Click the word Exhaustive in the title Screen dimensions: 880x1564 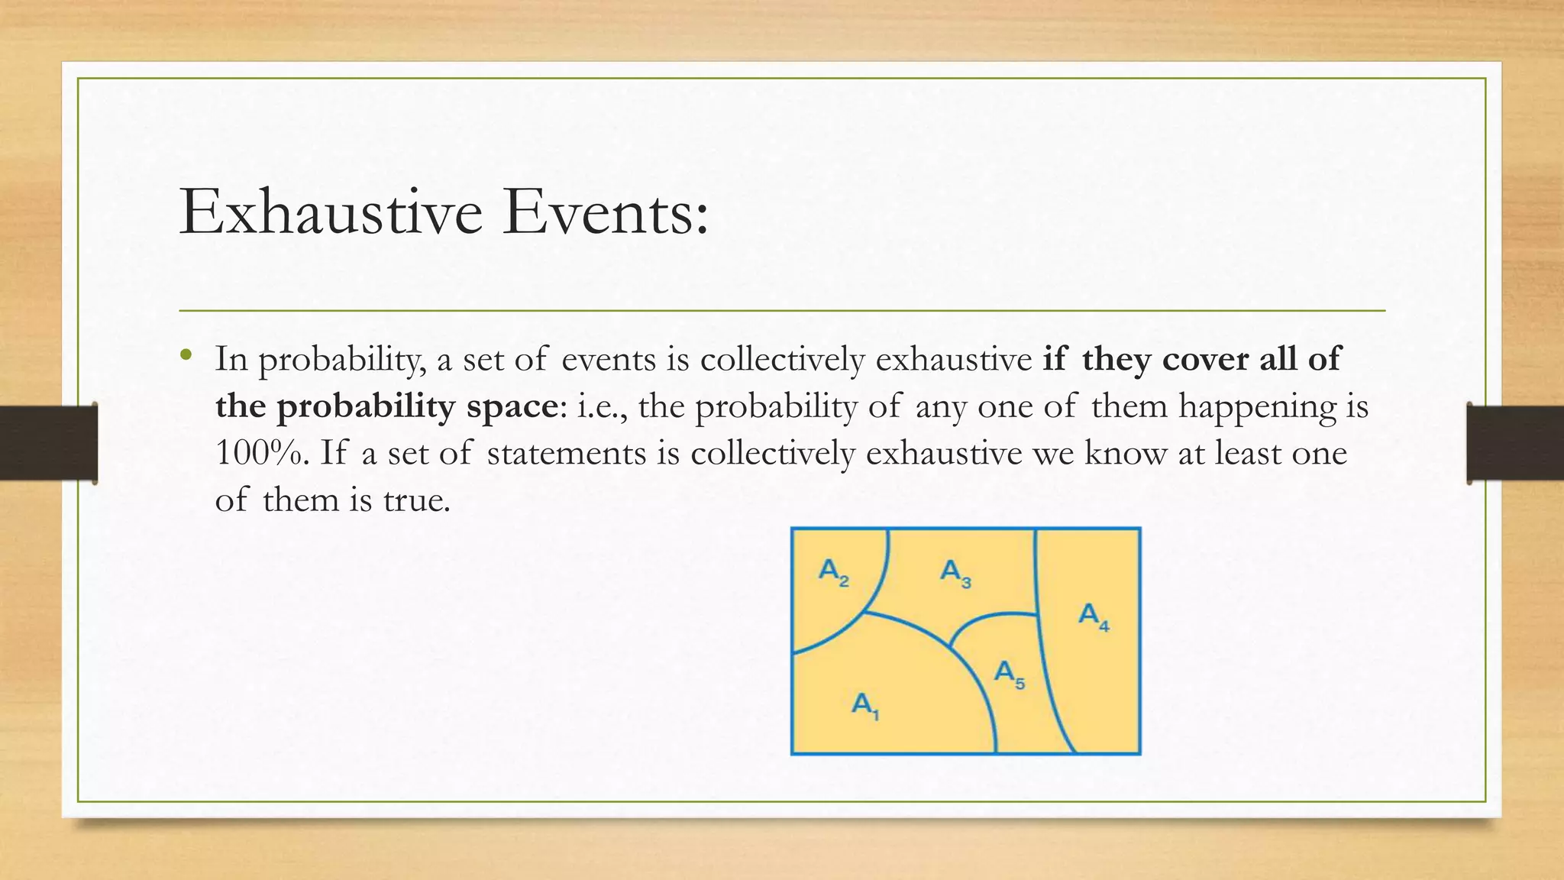tap(331, 212)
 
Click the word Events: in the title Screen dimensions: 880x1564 tap(606, 212)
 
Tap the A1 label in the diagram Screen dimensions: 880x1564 tap(865, 705)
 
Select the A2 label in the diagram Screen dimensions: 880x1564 tap(833, 571)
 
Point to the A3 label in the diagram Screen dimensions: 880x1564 tap(955, 573)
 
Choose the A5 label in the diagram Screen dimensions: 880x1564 tap(1009, 675)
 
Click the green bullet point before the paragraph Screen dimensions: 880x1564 tap(185, 355)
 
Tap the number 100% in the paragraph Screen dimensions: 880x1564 tap(259, 453)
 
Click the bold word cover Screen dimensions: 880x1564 tap(1205, 359)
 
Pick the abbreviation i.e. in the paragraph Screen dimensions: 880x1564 tap(603, 406)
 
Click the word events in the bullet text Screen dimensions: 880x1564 tap(609, 359)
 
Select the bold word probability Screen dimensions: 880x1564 tap(365, 406)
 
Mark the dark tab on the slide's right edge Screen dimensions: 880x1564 tap(1515, 443)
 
